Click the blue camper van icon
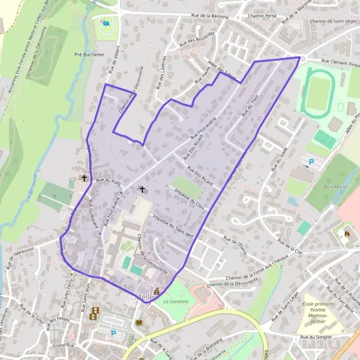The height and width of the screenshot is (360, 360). click(x=106, y=24)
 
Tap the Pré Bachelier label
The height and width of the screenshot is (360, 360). click(x=89, y=54)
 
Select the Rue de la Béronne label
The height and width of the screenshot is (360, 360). click(x=205, y=16)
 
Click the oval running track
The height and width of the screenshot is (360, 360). click(x=319, y=93)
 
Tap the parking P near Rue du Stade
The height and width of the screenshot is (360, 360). click(x=310, y=161)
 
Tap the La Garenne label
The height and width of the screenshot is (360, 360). click(x=173, y=301)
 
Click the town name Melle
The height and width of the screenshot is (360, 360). click(x=145, y=296)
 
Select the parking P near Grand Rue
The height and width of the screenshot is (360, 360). click(x=113, y=332)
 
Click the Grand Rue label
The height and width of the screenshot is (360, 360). click(x=62, y=346)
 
